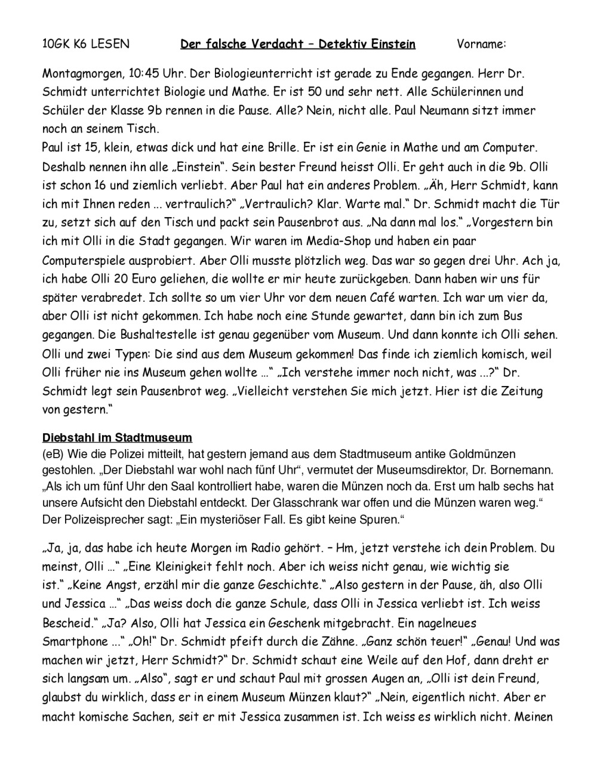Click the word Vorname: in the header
click(x=481, y=44)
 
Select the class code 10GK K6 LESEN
click(x=85, y=44)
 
